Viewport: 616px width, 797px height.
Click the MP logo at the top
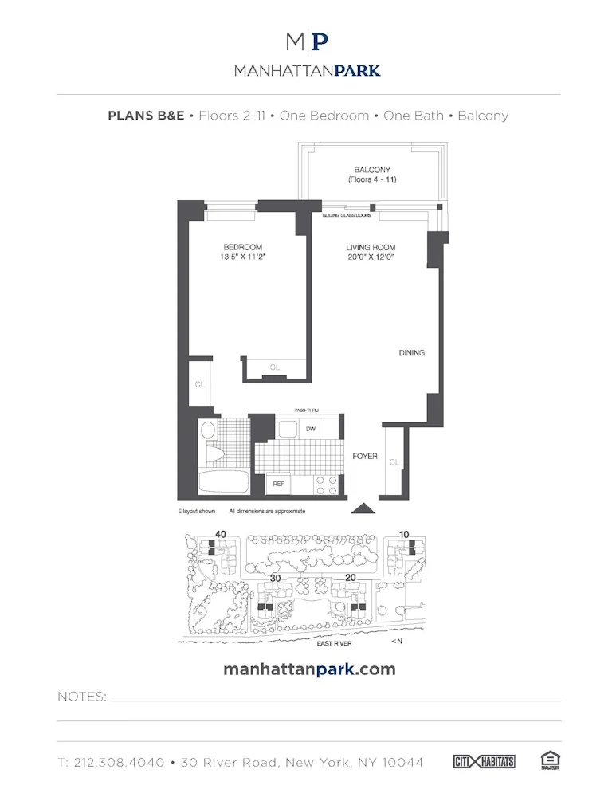308,41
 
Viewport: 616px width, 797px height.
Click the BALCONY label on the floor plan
372,170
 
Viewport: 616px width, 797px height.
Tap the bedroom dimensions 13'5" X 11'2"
243,257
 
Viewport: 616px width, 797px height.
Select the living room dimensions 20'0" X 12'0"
371,257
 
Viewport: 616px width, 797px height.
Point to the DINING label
412,352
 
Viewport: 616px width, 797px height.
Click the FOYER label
365,456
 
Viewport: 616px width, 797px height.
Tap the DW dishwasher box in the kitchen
310,429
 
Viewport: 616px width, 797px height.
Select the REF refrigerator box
278,484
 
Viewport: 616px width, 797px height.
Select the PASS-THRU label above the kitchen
306,410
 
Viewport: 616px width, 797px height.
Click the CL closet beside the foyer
394,461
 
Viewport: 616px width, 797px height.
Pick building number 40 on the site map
221,534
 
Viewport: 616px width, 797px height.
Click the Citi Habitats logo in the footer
484,762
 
